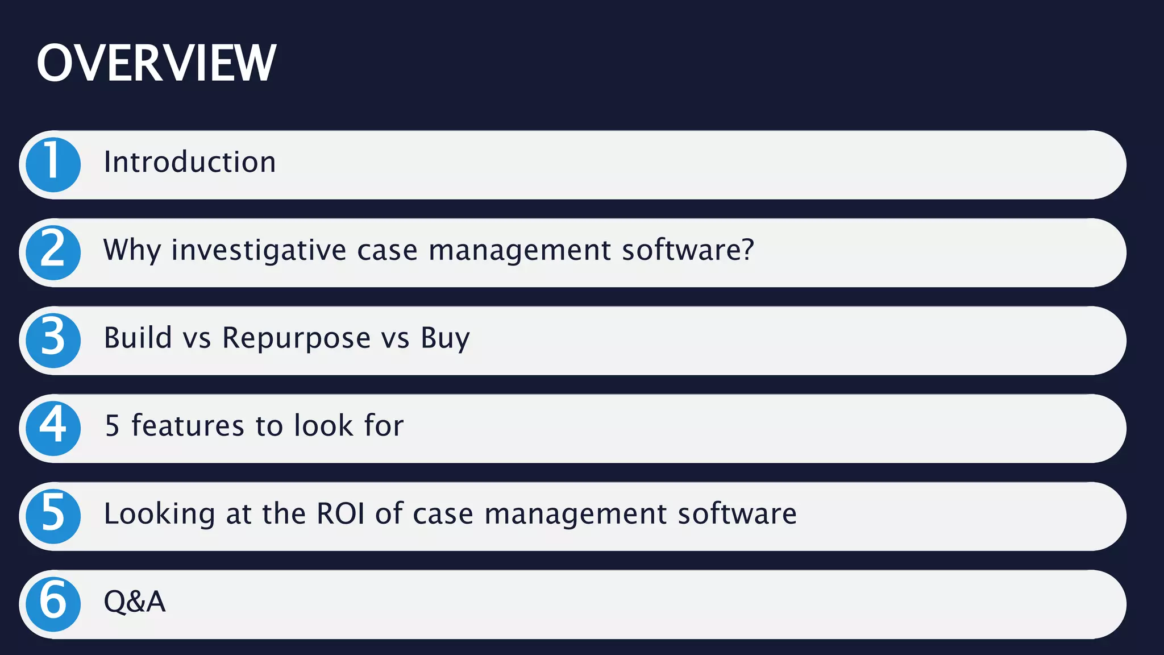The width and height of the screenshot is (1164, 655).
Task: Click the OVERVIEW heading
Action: (x=156, y=63)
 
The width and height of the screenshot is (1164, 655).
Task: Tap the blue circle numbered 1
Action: (x=53, y=165)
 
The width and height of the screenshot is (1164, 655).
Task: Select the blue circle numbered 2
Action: (x=53, y=252)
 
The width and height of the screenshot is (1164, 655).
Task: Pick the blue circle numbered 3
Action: (x=53, y=341)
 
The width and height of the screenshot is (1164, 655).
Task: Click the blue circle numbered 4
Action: (x=53, y=428)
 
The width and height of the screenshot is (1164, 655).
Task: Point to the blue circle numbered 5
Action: (x=53, y=516)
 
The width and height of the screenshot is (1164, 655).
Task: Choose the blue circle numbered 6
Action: (x=53, y=604)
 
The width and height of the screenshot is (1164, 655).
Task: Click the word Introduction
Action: (x=190, y=162)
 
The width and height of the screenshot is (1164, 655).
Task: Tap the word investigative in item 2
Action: (x=259, y=250)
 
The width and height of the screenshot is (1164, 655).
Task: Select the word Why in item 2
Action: (x=132, y=250)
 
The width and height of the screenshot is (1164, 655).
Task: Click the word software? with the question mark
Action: (x=688, y=250)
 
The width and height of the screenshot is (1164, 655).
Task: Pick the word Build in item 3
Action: (x=138, y=338)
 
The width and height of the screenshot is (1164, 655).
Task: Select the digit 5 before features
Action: (x=112, y=426)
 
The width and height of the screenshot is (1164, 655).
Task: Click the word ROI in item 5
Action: (x=340, y=513)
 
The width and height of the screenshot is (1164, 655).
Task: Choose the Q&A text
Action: (x=134, y=602)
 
